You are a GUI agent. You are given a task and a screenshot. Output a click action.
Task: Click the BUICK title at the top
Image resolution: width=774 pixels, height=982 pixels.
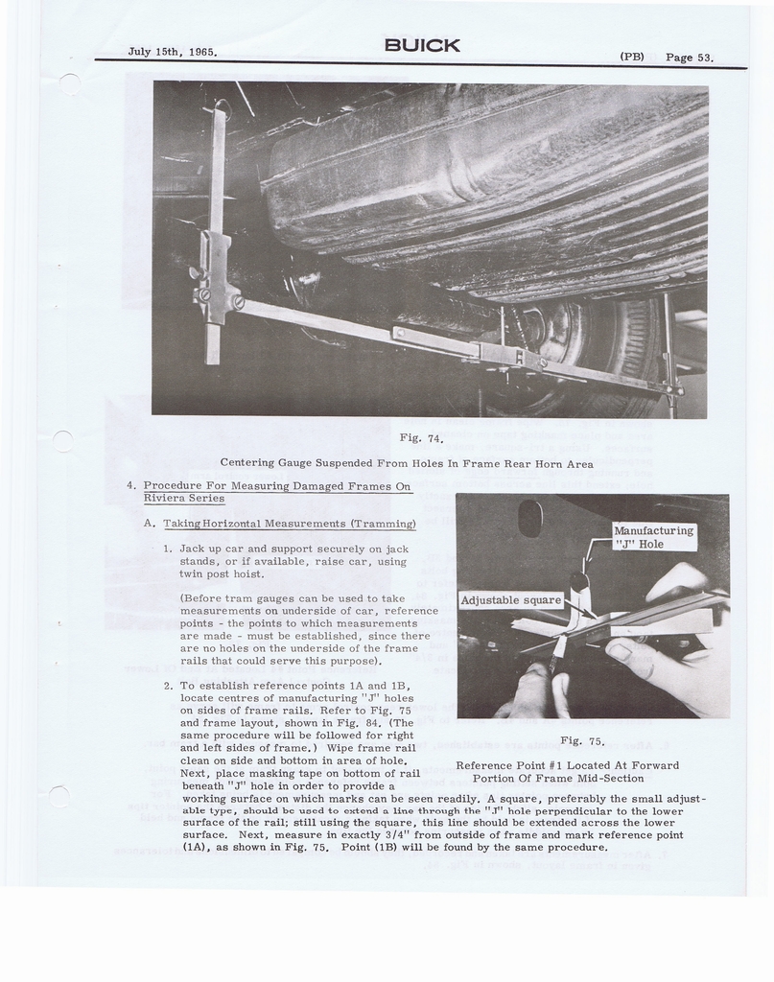pyautogui.click(x=422, y=45)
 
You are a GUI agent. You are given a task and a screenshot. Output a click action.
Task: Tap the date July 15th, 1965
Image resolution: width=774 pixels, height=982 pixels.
pyautogui.click(x=173, y=52)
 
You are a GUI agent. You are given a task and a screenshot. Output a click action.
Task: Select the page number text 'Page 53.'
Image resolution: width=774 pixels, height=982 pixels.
pyautogui.click(x=689, y=58)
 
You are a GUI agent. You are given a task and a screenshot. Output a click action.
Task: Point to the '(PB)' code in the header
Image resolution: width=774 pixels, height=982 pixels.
pyautogui.click(x=632, y=57)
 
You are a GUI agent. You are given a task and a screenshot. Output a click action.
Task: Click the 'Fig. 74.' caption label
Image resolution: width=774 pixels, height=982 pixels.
pyautogui.click(x=421, y=438)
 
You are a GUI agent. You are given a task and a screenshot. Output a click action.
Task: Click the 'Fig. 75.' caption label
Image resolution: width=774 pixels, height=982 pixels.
pyautogui.click(x=582, y=741)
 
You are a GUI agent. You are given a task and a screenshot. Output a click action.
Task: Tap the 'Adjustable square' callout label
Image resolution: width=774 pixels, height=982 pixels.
pyautogui.click(x=511, y=600)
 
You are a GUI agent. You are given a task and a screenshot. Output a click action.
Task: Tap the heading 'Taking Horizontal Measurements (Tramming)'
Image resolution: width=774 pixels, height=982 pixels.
pyautogui.click(x=290, y=524)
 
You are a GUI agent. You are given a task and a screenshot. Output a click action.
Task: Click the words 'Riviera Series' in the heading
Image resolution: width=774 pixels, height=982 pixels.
pyautogui.click(x=184, y=499)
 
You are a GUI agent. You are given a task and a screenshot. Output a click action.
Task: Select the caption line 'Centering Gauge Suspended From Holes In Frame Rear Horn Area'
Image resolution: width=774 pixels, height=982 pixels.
pyautogui.click(x=407, y=463)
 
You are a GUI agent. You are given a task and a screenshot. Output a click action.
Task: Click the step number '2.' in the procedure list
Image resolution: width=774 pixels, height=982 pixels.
pyautogui.click(x=168, y=686)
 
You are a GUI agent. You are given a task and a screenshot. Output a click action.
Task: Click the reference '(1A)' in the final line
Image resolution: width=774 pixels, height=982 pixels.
pyautogui.click(x=194, y=848)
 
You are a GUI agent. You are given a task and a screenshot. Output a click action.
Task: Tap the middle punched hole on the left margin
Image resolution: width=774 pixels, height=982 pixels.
pyautogui.click(x=62, y=441)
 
